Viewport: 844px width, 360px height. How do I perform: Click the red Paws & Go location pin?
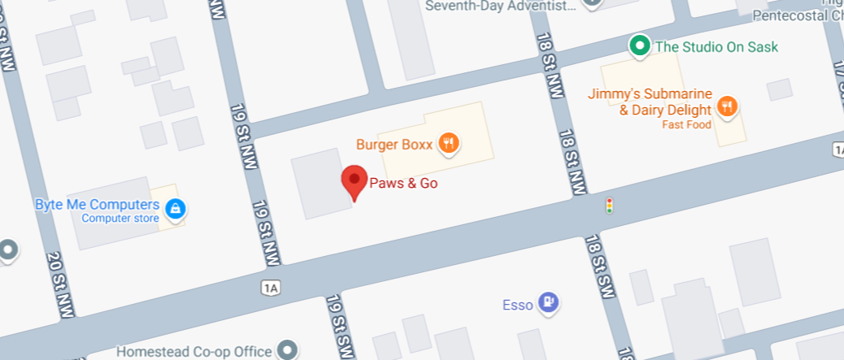click(x=354, y=180)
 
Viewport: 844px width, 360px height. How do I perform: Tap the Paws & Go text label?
click(x=403, y=184)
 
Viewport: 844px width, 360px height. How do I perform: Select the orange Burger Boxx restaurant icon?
click(x=448, y=145)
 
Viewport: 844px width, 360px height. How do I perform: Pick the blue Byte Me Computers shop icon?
click(x=175, y=210)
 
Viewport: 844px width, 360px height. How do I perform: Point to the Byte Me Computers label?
click(x=97, y=204)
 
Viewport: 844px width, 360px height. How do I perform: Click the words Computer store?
click(x=120, y=218)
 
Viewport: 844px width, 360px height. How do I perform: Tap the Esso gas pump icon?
click(x=550, y=304)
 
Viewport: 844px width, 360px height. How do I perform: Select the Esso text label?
click(x=518, y=306)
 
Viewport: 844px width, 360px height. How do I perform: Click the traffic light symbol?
click(x=609, y=206)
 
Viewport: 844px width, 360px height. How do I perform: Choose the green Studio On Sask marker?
click(x=640, y=46)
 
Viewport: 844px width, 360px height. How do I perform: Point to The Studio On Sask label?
click(x=716, y=47)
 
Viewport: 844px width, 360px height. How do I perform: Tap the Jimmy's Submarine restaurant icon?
click(x=727, y=106)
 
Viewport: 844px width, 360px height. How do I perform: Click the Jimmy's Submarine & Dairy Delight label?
click(x=651, y=102)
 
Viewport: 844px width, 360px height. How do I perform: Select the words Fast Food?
click(x=686, y=124)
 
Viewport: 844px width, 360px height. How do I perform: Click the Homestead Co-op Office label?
click(x=194, y=352)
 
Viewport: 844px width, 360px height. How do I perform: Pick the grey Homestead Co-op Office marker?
click(x=286, y=350)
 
